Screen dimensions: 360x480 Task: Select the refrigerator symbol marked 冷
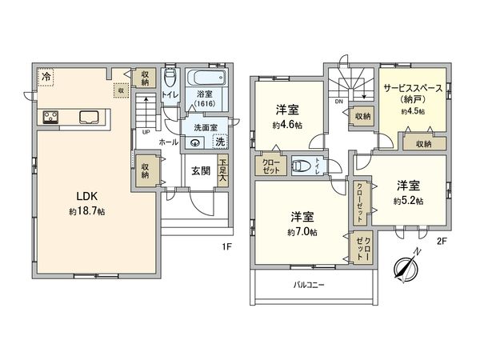point(46,77)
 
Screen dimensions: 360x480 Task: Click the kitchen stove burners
point(50,118)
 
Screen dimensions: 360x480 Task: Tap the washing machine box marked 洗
point(221,142)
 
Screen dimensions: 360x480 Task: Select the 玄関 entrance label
point(200,170)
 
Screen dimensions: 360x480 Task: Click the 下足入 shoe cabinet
point(222,172)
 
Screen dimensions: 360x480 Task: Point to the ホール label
point(168,142)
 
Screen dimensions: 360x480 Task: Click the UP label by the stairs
point(145,132)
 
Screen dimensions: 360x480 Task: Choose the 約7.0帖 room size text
point(302,232)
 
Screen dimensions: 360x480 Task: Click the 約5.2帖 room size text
point(409,201)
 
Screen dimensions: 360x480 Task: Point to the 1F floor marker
point(227,246)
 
